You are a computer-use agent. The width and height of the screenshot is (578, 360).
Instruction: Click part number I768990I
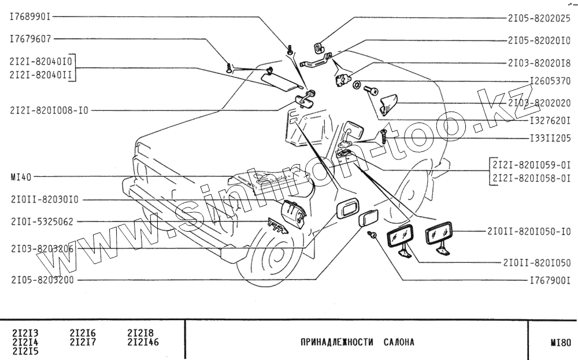pyautogui.click(x=30, y=17)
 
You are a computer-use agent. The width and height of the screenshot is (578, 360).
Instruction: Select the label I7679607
pyautogui.click(x=30, y=40)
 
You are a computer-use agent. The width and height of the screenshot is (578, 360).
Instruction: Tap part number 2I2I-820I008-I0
pyautogui.click(x=49, y=110)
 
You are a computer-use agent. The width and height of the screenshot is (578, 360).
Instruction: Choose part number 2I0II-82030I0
pyautogui.click(x=44, y=200)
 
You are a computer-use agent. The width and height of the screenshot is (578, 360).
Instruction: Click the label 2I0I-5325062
pyautogui.click(x=42, y=222)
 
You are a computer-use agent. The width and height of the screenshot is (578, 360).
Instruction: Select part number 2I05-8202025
pyautogui.click(x=539, y=18)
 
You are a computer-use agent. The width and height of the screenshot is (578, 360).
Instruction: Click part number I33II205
pyautogui.click(x=550, y=139)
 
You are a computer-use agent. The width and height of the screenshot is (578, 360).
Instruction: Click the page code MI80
pyautogui.click(x=561, y=342)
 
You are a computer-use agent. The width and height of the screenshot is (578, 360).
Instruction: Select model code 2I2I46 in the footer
pyautogui.click(x=143, y=342)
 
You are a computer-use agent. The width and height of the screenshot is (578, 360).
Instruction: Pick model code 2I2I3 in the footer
pyautogui.click(x=25, y=333)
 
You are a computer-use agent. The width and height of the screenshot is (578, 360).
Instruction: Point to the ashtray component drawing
pyautogui.click(x=295, y=213)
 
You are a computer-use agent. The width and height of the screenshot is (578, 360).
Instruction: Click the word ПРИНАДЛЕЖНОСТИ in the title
pyautogui.click(x=336, y=342)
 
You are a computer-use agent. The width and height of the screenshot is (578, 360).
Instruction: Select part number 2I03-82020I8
pyautogui.click(x=539, y=61)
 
